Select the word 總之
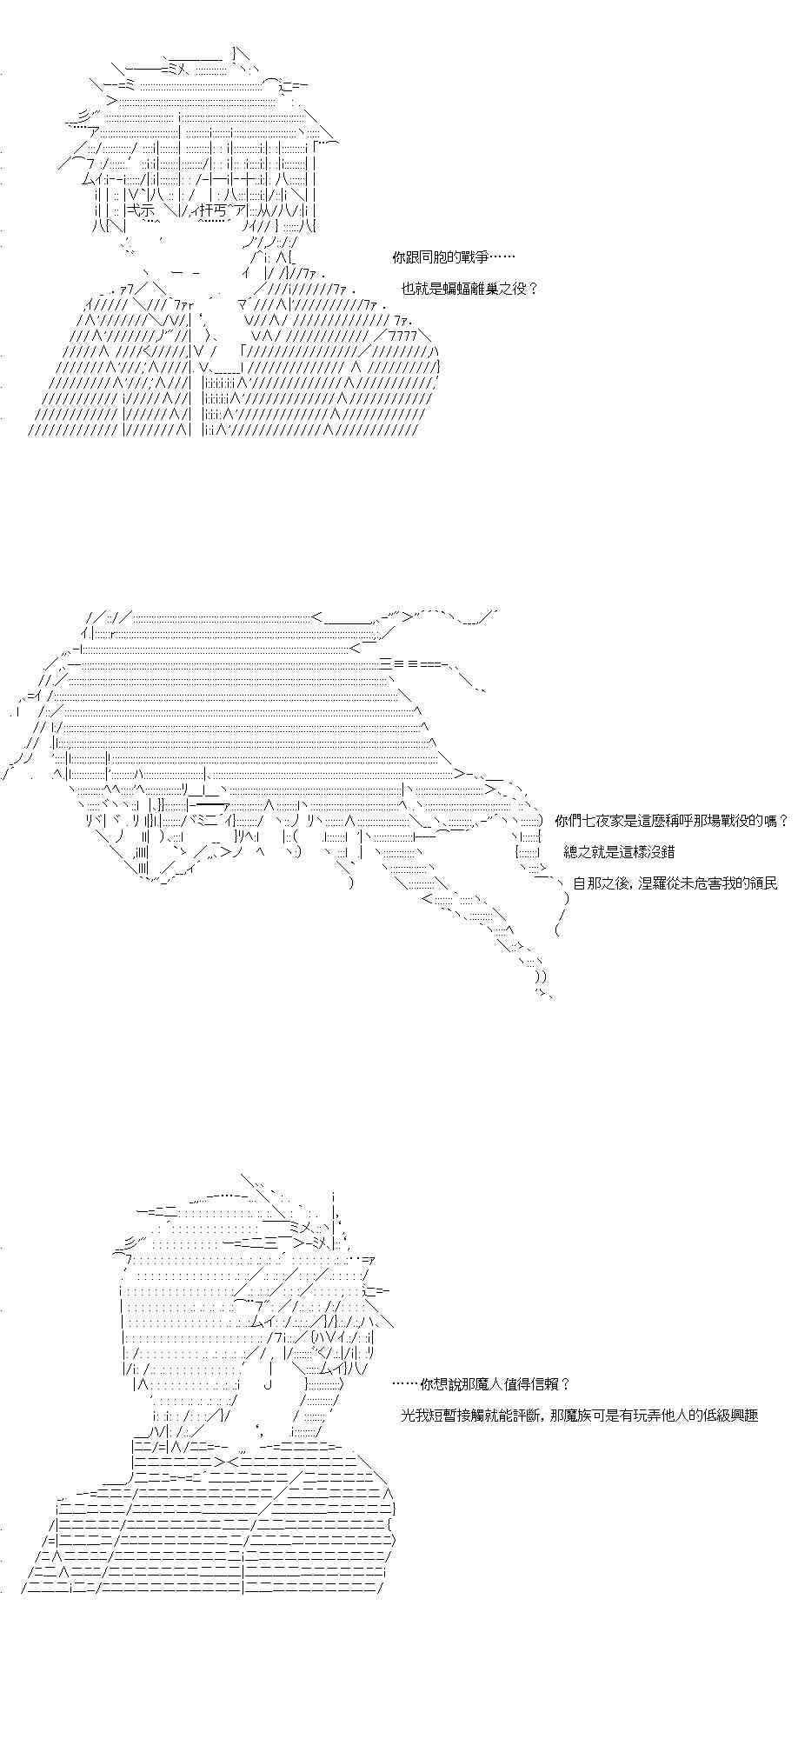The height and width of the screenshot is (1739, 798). [577, 851]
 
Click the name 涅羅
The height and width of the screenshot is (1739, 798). [650, 883]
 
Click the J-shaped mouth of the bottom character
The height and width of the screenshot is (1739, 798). [269, 1383]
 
